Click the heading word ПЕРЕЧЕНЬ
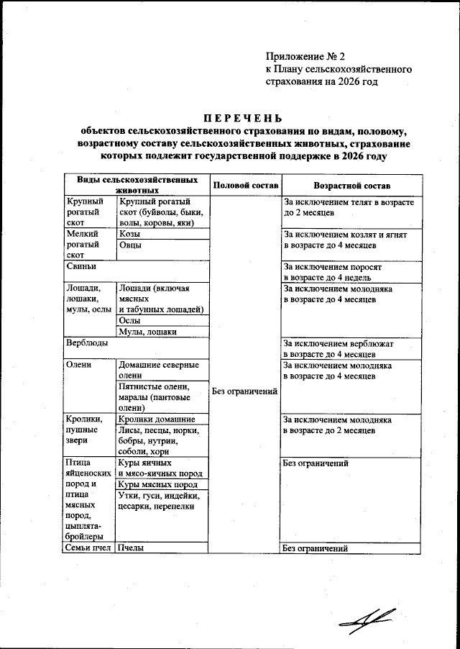242,118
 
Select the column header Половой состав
243,184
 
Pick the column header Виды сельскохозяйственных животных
137,184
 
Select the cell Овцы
130,246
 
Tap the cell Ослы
129,320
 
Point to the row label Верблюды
85,343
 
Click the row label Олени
78,365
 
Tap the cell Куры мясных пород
157,484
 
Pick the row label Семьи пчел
88,548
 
